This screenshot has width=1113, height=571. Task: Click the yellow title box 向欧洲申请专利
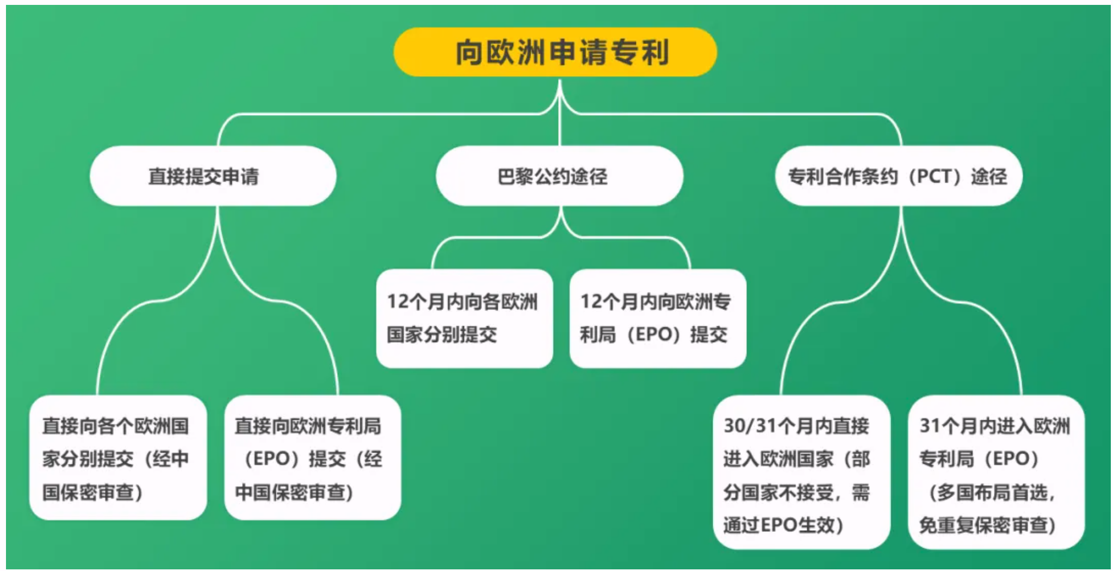555,52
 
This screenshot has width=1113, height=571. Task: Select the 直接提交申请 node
213,176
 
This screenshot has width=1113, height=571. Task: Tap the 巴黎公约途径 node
559,176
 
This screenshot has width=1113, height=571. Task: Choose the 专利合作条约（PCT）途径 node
899,176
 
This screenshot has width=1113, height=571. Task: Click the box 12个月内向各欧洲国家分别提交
465,319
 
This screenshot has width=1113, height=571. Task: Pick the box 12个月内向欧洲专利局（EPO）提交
658,319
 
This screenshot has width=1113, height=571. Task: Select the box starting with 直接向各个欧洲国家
118,457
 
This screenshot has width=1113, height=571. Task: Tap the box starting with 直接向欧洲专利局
313,457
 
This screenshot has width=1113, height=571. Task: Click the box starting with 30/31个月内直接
802,472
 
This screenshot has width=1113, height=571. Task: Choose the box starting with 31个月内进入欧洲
997,472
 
